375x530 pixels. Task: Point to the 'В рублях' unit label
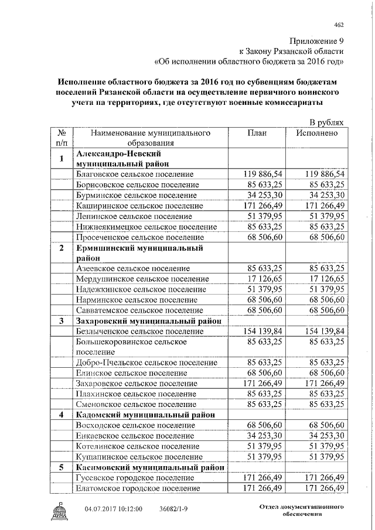(326, 122)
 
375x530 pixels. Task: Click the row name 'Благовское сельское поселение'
(135, 174)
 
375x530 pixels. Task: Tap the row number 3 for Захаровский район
(62, 320)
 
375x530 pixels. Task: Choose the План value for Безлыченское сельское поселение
(262, 331)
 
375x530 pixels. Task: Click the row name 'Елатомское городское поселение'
(138, 488)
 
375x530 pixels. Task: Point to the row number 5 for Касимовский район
(62, 467)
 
